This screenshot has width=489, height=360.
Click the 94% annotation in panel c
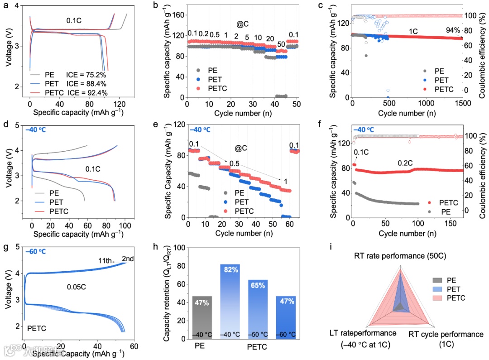[453, 31]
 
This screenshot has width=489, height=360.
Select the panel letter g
[6, 248]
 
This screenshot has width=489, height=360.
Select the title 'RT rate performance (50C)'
[400, 256]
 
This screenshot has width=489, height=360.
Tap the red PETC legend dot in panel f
[430, 202]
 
